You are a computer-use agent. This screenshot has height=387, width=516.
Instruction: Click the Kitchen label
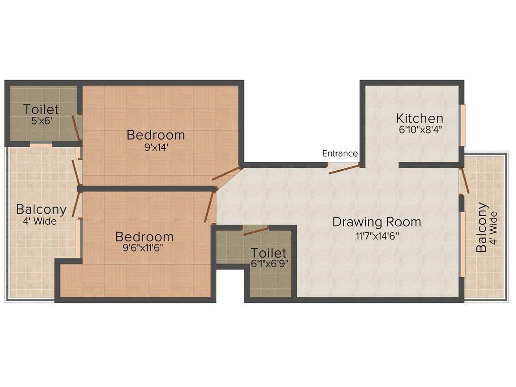pos(420,118)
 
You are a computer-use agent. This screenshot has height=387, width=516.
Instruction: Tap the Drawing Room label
pos(377,222)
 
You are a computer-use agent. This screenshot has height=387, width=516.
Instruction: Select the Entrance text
pos(340,153)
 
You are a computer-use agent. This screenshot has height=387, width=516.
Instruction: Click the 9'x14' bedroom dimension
pos(156,147)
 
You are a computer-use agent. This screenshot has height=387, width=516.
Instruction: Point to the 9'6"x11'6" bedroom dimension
pos(143,247)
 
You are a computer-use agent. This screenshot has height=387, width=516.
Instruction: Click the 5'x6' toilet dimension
pos(41,120)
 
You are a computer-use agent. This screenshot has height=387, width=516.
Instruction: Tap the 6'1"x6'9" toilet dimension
pos(270,264)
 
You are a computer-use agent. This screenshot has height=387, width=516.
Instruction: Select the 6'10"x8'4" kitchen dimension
pos(420,130)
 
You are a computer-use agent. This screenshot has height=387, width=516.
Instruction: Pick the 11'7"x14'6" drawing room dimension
pos(377,236)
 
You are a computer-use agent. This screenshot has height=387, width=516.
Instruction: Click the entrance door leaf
pos(344,169)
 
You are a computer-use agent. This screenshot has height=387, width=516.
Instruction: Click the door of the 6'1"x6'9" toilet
pos(256,231)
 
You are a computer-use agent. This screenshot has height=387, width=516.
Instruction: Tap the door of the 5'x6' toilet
pos(76,128)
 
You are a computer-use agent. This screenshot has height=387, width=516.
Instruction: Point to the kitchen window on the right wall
pos(463,125)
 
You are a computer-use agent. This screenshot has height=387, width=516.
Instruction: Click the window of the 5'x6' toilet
pos(41,144)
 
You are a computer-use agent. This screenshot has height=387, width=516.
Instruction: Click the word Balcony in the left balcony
pos(41,209)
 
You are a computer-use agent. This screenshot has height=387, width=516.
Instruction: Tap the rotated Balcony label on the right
pos(482,227)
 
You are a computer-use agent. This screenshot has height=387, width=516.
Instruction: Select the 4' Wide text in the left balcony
pos(40,221)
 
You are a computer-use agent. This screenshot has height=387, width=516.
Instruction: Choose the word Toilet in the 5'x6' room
pos(41,109)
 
